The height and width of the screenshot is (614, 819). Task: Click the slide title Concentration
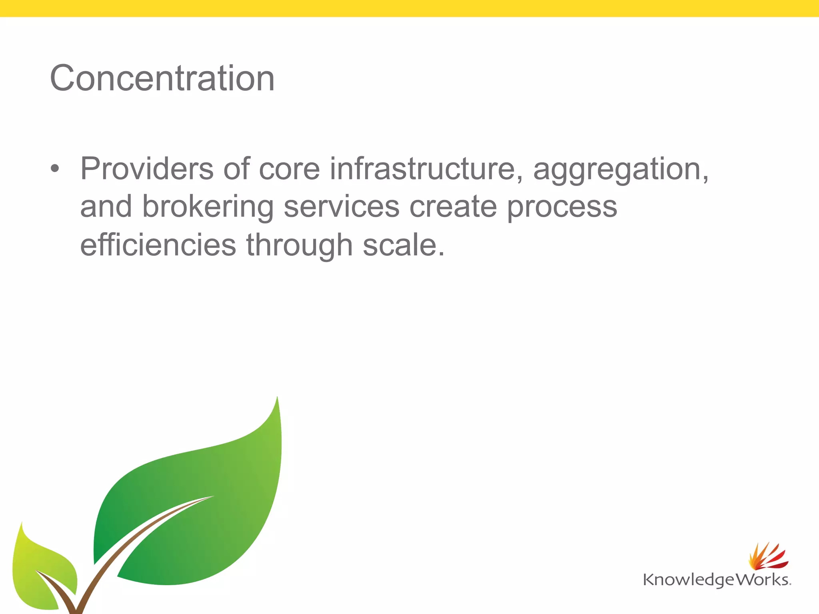coord(162,78)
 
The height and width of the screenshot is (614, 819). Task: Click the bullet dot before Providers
coord(55,169)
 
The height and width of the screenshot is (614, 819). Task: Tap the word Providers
coord(146,169)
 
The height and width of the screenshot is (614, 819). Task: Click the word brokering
coord(208,207)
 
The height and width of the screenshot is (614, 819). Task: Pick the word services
coord(341,207)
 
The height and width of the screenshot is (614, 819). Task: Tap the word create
coord(453,207)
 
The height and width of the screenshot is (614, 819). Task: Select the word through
coord(299,245)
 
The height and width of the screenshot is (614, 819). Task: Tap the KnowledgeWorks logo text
coord(716,580)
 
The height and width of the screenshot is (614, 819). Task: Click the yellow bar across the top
coord(409,8)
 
